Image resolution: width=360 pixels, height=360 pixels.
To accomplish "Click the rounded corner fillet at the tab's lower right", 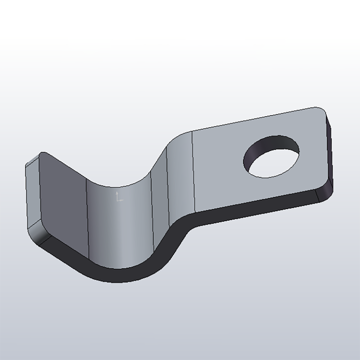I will [324, 194].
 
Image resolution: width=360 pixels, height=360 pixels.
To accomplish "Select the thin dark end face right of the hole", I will [329, 151].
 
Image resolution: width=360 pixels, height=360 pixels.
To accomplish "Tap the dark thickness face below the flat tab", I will [252, 209].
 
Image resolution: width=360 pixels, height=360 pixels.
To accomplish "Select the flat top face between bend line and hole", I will [220, 169].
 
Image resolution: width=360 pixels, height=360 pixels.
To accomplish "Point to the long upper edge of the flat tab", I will [252, 119].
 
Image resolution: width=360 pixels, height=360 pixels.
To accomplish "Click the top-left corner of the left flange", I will [42, 154].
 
